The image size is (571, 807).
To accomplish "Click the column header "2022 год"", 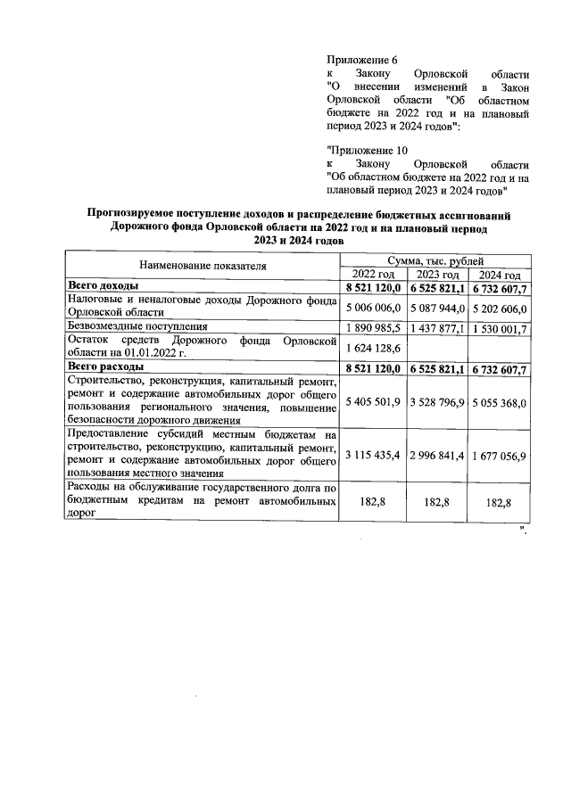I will tap(374, 274).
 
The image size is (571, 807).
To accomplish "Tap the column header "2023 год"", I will tap(437, 274).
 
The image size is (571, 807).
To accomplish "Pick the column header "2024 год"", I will tap(499, 274).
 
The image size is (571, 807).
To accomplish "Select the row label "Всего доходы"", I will tap(103, 286).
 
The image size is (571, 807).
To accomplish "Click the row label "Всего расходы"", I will tap(106, 367).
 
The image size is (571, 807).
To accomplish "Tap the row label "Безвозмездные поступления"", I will tap(145, 327).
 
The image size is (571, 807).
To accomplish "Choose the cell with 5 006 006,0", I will tap(374, 308).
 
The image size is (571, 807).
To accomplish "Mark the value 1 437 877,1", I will tap(437, 327).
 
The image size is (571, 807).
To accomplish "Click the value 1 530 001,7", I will tap(499, 327).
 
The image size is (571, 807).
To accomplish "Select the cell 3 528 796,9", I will tap(437, 402).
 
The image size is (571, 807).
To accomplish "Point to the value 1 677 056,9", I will tap(499, 456).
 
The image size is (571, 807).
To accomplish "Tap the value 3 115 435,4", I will tap(374, 456).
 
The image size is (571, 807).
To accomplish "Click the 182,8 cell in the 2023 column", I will tap(437, 503).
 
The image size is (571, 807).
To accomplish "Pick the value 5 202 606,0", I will tap(499, 308).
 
